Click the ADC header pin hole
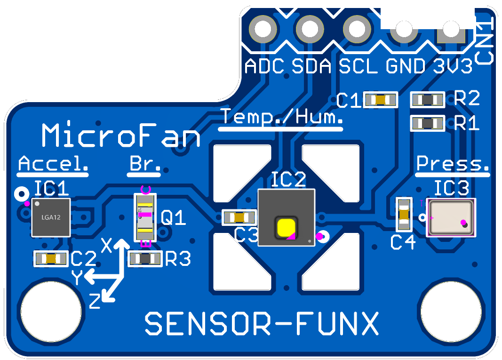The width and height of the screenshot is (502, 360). (x=263, y=29)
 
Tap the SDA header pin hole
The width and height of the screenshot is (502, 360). (x=310, y=29)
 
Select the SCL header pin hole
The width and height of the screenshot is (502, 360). (x=357, y=29)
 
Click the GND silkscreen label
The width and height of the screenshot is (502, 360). (x=405, y=66)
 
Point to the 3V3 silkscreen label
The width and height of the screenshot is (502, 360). (x=453, y=66)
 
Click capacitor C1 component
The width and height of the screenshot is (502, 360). (x=381, y=100)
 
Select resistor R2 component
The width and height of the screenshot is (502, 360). (x=428, y=100)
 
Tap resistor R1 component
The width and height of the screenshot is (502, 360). (x=428, y=123)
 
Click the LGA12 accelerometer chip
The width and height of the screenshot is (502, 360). (x=51, y=217)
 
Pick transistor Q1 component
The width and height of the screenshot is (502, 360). (x=145, y=217)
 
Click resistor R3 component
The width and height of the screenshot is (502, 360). (x=145, y=259)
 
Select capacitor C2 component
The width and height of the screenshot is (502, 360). (x=51, y=259)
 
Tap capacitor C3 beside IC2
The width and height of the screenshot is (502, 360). (x=239, y=217)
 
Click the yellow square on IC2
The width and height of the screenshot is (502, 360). (x=286, y=229)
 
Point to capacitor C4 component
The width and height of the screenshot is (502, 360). (x=404, y=214)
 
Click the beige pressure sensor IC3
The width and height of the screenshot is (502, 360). (x=451, y=217)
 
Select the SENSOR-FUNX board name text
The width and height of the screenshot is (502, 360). (x=262, y=323)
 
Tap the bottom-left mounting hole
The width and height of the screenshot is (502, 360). (x=51, y=312)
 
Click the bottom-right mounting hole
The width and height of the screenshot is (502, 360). (x=451, y=312)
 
